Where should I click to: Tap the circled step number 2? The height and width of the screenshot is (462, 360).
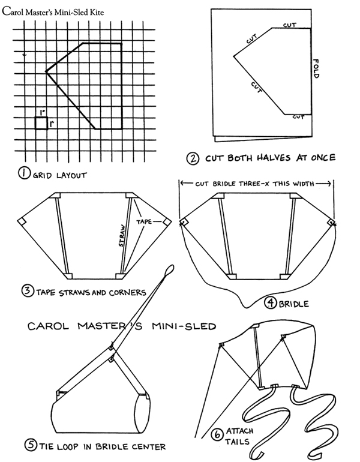tap(193, 159)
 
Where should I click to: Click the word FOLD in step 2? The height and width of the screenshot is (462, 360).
tap(316, 71)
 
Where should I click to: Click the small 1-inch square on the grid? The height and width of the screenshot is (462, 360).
tap(41, 123)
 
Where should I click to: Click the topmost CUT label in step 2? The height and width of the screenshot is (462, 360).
tap(289, 25)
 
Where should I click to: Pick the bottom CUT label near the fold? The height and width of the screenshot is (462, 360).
tap(298, 117)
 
